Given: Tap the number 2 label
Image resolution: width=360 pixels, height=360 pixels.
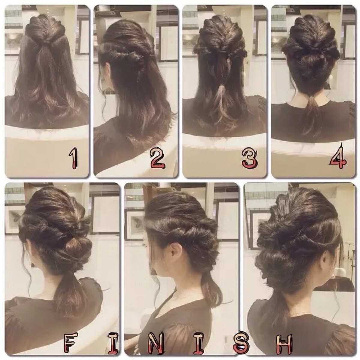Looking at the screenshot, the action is coord(157,158).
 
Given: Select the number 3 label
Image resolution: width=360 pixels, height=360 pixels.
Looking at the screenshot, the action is coord(249,158).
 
